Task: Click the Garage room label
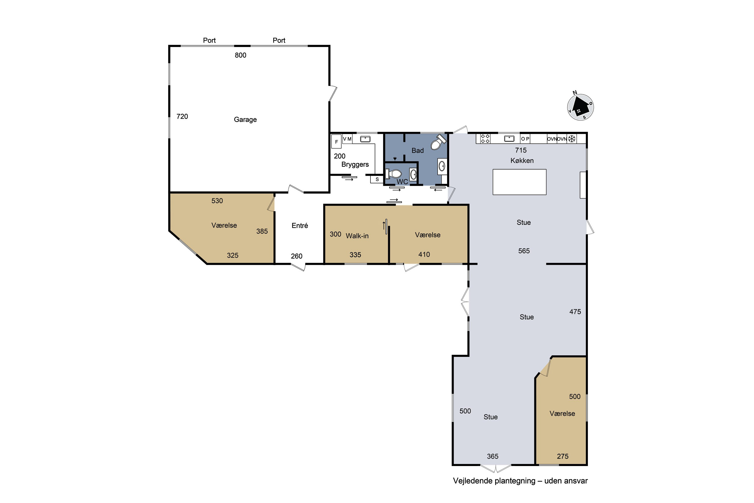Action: click(x=245, y=120)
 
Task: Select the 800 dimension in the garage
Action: click(x=241, y=55)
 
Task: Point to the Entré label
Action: click(x=300, y=226)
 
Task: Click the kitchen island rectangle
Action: click(x=519, y=182)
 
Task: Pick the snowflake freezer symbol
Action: click(x=572, y=139)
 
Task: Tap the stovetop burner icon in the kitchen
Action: click(x=485, y=139)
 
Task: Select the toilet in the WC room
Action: click(x=393, y=174)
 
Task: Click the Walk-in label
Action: click(x=357, y=236)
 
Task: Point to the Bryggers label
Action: click(x=355, y=164)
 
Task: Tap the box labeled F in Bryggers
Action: click(x=336, y=141)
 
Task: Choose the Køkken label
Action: click(x=522, y=160)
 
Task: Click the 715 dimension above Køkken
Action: click(x=521, y=150)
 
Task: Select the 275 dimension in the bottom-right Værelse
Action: click(x=563, y=456)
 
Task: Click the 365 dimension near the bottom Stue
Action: click(x=492, y=456)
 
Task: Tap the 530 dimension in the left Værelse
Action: click(x=217, y=201)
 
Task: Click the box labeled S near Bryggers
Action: click(x=377, y=179)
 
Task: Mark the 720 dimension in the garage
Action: click(x=182, y=116)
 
